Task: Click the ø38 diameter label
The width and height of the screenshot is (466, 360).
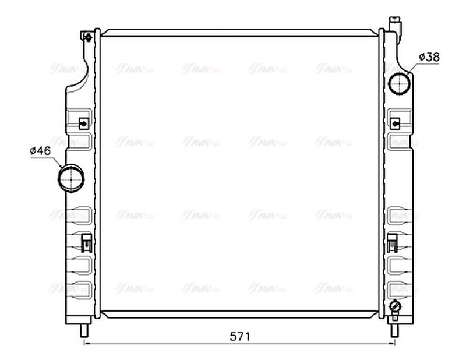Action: point(429,57)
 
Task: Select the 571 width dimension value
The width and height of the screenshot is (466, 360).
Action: point(239,336)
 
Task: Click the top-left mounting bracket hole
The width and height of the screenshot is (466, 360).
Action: point(88,38)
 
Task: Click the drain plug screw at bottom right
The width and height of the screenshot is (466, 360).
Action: point(396,307)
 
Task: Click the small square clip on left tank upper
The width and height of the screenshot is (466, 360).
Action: point(84,123)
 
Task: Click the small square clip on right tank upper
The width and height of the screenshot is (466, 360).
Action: point(396,123)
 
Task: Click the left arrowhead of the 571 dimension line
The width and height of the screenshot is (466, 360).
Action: point(88,343)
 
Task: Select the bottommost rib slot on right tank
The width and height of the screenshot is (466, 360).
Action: point(400,288)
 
